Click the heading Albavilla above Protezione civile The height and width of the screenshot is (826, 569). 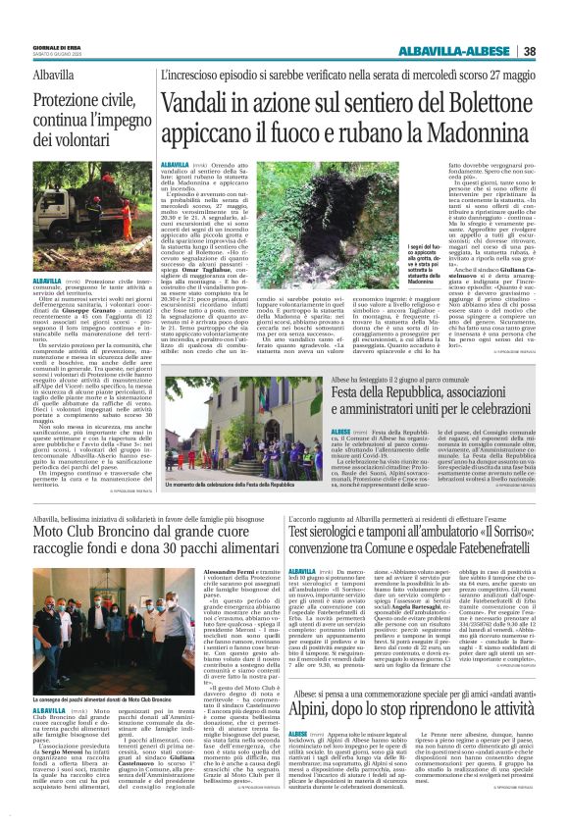click(x=60, y=76)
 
